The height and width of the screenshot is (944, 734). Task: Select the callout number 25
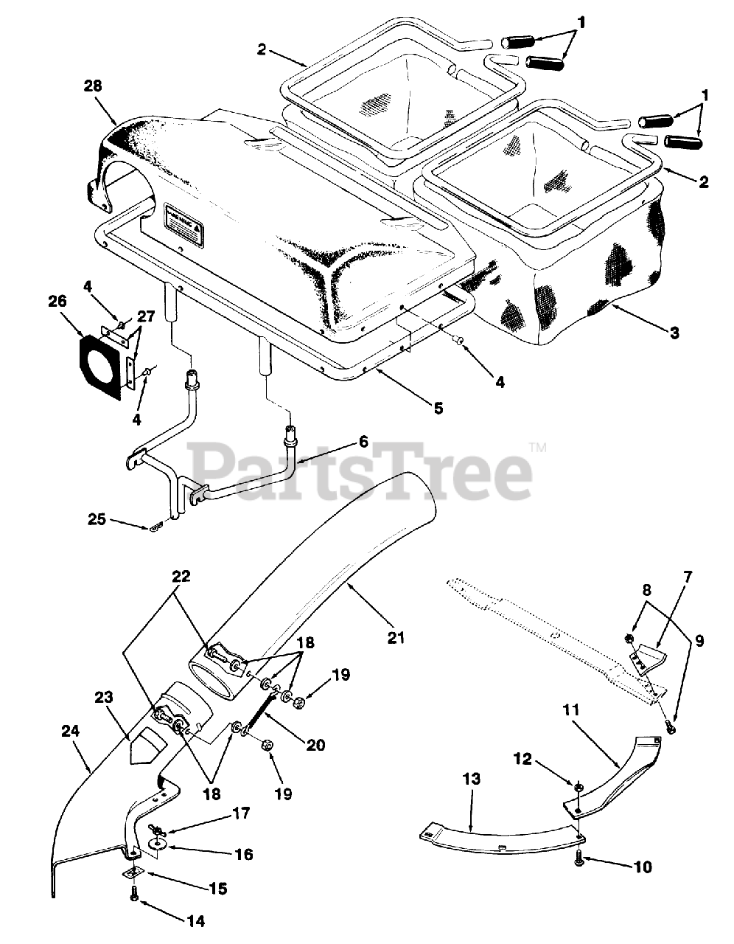click(x=97, y=520)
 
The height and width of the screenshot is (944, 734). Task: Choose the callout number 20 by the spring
click(x=315, y=746)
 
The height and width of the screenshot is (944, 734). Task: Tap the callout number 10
click(x=642, y=867)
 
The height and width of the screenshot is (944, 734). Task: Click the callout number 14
click(x=195, y=920)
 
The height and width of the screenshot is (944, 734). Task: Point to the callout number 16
click(x=244, y=854)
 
